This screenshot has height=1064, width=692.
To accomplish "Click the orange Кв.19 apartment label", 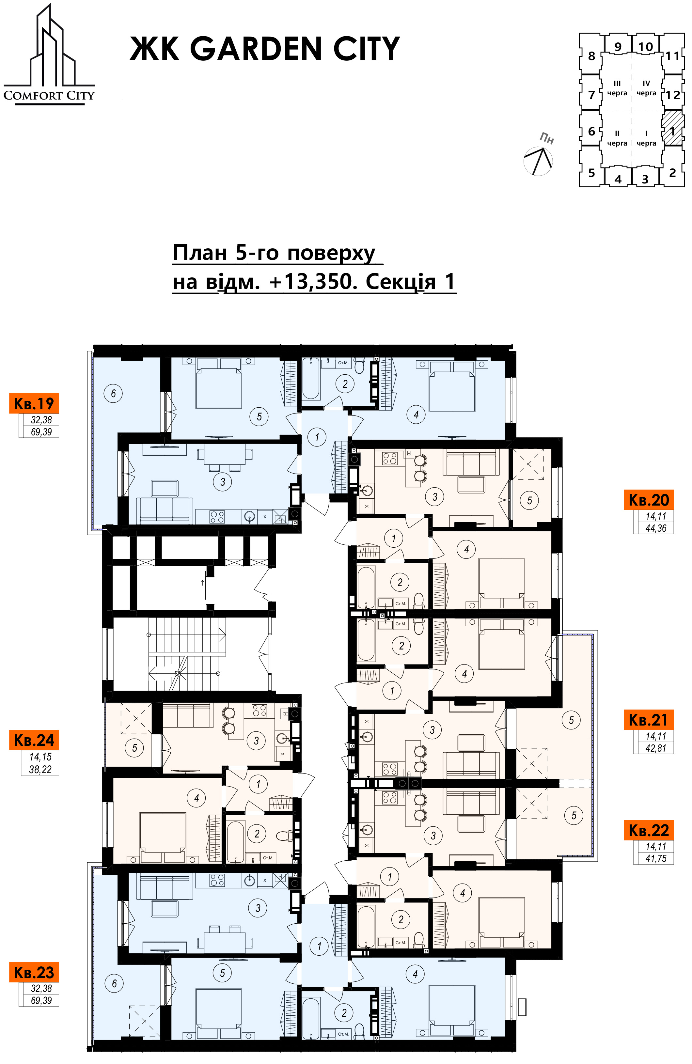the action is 34,403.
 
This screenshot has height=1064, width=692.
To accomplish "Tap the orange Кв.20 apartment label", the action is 649,499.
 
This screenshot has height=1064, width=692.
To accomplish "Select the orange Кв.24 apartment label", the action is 34,740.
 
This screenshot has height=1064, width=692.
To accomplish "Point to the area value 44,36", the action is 656,528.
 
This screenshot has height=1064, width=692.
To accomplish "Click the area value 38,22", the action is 40,769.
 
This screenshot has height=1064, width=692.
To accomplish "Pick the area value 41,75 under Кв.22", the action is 656,858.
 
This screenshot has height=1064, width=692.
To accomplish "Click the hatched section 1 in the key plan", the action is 672,128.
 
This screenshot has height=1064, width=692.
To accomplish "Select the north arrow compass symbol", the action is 539,160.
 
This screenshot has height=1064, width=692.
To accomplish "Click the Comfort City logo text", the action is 49,95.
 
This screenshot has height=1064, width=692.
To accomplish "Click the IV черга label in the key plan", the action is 646,88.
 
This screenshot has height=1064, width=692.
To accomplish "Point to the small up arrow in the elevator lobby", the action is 202,583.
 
